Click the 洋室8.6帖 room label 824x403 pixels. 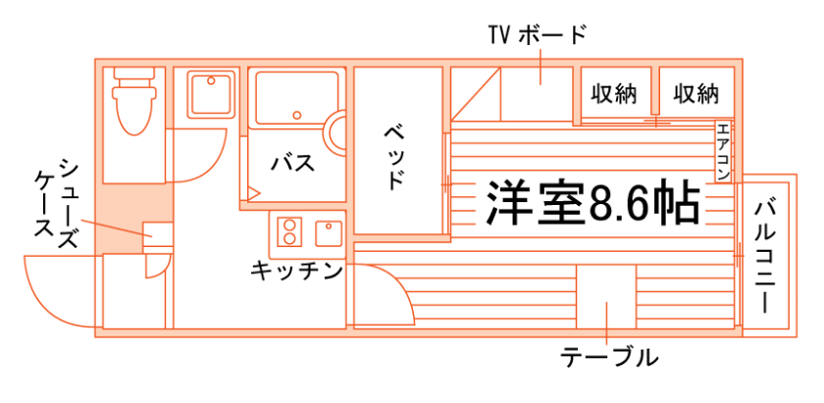(592, 202)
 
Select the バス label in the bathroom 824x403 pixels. (292, 163)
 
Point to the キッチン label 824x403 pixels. (295, 270)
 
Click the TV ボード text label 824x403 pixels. (538, 36)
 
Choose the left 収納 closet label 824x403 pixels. (614, 94)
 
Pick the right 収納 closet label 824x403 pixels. (695, 94)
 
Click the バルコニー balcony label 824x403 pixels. (767, 253)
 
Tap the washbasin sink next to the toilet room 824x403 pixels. (209, 93)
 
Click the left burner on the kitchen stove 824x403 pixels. (290, 232)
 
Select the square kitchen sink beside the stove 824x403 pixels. (327, 232)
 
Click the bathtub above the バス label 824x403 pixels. (294, 98)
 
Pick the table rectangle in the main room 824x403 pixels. (606, 295)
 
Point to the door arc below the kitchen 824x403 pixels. (387, 294)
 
